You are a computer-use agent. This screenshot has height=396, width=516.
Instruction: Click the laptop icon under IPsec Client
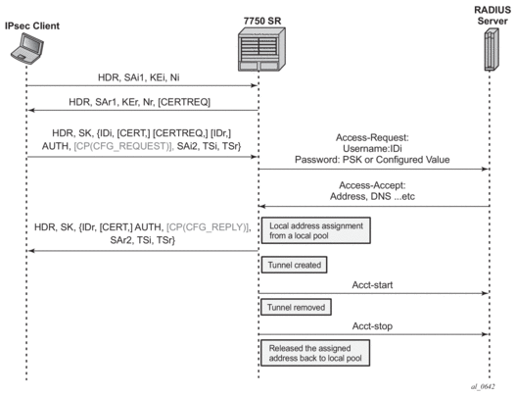coord(27,49)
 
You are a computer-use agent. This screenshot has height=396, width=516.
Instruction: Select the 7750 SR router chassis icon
coord(261,49)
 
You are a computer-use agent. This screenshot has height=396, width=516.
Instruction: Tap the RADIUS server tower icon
coord(492,49)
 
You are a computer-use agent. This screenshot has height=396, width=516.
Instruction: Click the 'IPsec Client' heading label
coord(32,25)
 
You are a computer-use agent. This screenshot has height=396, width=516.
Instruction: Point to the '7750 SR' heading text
coord(262,22)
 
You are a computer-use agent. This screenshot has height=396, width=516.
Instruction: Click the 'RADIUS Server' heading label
coord(493,15)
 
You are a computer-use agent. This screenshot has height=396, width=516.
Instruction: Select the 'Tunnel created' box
coord(294,265)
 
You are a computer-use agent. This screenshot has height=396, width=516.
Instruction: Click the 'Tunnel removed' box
coord(296,307)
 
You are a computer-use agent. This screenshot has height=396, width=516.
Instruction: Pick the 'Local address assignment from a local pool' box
coord(316,230)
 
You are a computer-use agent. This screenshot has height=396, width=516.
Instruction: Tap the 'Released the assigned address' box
coord(315,353)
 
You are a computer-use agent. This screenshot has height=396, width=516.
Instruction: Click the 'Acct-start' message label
coord(372,285)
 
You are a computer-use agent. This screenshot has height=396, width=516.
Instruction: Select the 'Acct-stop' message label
coord(372,326)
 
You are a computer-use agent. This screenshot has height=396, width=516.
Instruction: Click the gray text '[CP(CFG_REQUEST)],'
coord(123,146)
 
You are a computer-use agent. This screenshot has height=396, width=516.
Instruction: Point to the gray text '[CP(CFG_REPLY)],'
coord(209,227)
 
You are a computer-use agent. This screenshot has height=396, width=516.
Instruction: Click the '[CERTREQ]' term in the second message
coord(184,102)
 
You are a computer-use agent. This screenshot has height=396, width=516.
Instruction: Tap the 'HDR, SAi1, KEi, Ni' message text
coord(138,77)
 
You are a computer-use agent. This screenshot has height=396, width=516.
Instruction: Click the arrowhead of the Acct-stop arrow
coord(485,334)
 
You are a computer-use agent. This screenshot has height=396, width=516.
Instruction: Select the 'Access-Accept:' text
coord(372,185)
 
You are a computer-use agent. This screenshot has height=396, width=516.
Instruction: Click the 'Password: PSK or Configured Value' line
coord(372,160)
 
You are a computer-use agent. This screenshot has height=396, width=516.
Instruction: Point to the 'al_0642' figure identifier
coord(483,387)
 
